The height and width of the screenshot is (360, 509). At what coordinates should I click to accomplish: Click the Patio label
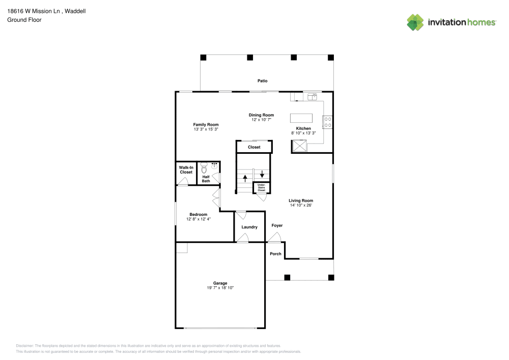[x=262, y=81]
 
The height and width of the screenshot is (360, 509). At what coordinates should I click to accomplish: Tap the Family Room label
[x=206, y=125]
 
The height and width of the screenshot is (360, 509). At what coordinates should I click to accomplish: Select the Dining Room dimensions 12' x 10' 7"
[x=261, y=120]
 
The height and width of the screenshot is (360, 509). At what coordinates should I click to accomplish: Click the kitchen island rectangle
[x=301, y=118]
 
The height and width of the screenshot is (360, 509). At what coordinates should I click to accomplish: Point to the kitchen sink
[x=312, y=96]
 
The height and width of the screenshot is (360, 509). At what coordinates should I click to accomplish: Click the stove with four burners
[x=327, y=122]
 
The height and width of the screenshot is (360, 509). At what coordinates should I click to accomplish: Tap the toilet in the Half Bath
[x=204, y=168]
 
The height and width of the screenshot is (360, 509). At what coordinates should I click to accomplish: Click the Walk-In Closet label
[x=186, y=170]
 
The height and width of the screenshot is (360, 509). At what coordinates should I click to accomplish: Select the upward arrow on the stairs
[x=245, y=178]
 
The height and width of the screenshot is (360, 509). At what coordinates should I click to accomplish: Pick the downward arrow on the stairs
[x=262, y=174]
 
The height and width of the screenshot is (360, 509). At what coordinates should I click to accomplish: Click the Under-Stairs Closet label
[x=261, y=187]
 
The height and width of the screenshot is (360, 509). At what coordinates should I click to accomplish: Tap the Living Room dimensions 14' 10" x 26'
[x=301, y=205]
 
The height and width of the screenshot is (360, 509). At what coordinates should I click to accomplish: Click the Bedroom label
[x=199, y=214]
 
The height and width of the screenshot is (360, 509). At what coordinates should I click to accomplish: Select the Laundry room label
[x=249, y=227]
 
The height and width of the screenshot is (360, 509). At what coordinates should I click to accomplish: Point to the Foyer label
[x=277, y=226]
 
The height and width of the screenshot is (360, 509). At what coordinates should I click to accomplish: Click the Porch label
[x=275, y=254]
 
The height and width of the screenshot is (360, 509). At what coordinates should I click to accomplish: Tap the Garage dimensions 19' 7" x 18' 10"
[x=220, y=288]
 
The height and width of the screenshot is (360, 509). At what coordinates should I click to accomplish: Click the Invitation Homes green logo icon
[x=415, y=22]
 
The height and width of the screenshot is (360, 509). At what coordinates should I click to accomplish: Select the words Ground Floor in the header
[x=24, y=20]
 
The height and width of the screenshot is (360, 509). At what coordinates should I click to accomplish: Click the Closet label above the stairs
[x=254, y=147]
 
